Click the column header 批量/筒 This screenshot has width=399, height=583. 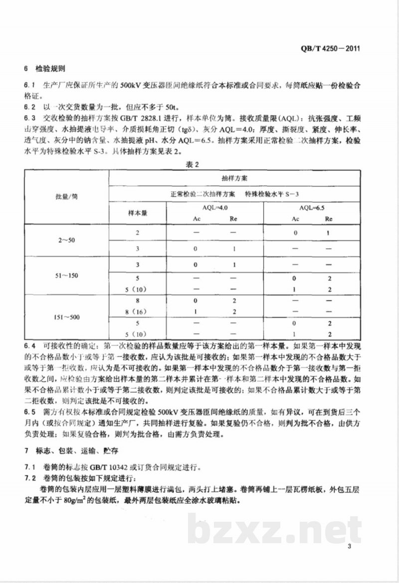[x=67, y=196]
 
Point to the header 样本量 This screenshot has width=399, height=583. [x=138, y=212]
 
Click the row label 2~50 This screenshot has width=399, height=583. [x=67, y=240]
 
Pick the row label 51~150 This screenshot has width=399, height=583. [x=67, y=275]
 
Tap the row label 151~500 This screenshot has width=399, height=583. [x=67, y=316]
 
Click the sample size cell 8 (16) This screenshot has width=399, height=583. [x=138, y=310]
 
